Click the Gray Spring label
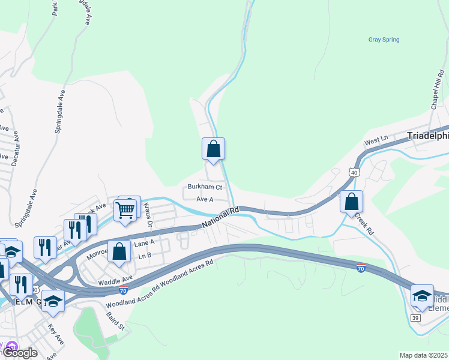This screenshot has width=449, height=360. pyautogui.click(x=384, y=40)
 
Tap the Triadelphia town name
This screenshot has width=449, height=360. pyautogui.click(x=427, y=136)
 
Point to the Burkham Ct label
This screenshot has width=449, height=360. pyautogui.click(x=205, y=187)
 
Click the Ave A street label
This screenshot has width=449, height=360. pyautogui.click(x=205, y=199)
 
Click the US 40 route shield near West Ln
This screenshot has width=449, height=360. pyautogui.click(x=354, y=173)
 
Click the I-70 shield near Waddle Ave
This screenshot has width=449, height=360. pyautogui.click(x=122, y=291)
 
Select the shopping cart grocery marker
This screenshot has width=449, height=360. pyautogui.click(x=125, y=210)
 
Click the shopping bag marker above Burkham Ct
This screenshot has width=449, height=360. pyautogui.click(x=213, y=148)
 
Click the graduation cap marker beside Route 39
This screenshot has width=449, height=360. pyautogui.click(x=422, y=295)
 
